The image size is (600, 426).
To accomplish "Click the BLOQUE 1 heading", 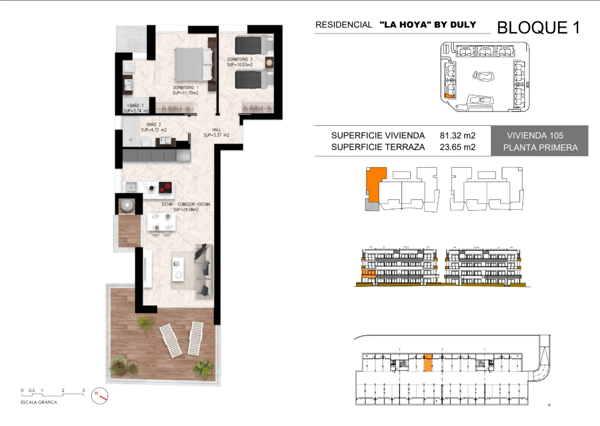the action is (x=538, y=28).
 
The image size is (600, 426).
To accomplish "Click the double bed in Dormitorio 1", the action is (x=194, y=64).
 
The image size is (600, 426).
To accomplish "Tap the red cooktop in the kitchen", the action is (x=165, y=187).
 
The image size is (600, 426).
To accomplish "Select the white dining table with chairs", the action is (x=161, y=222).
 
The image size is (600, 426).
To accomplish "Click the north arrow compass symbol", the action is (x=100, y=395).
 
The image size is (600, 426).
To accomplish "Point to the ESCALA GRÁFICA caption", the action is (x=39, y=402).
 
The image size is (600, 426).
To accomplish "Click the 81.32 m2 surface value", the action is (x=457, y=135).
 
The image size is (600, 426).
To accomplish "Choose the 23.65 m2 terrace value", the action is (x=457, y=147).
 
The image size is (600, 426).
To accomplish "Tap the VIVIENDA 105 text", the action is (x=535, y=135).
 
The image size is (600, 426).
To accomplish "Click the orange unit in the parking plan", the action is (x=428, y=363).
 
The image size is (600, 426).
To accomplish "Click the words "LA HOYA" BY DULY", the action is (x=428, y=25).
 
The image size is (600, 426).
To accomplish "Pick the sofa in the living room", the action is (x=204, y=271).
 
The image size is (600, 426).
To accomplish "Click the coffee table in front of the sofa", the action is (x=178, y=269).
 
